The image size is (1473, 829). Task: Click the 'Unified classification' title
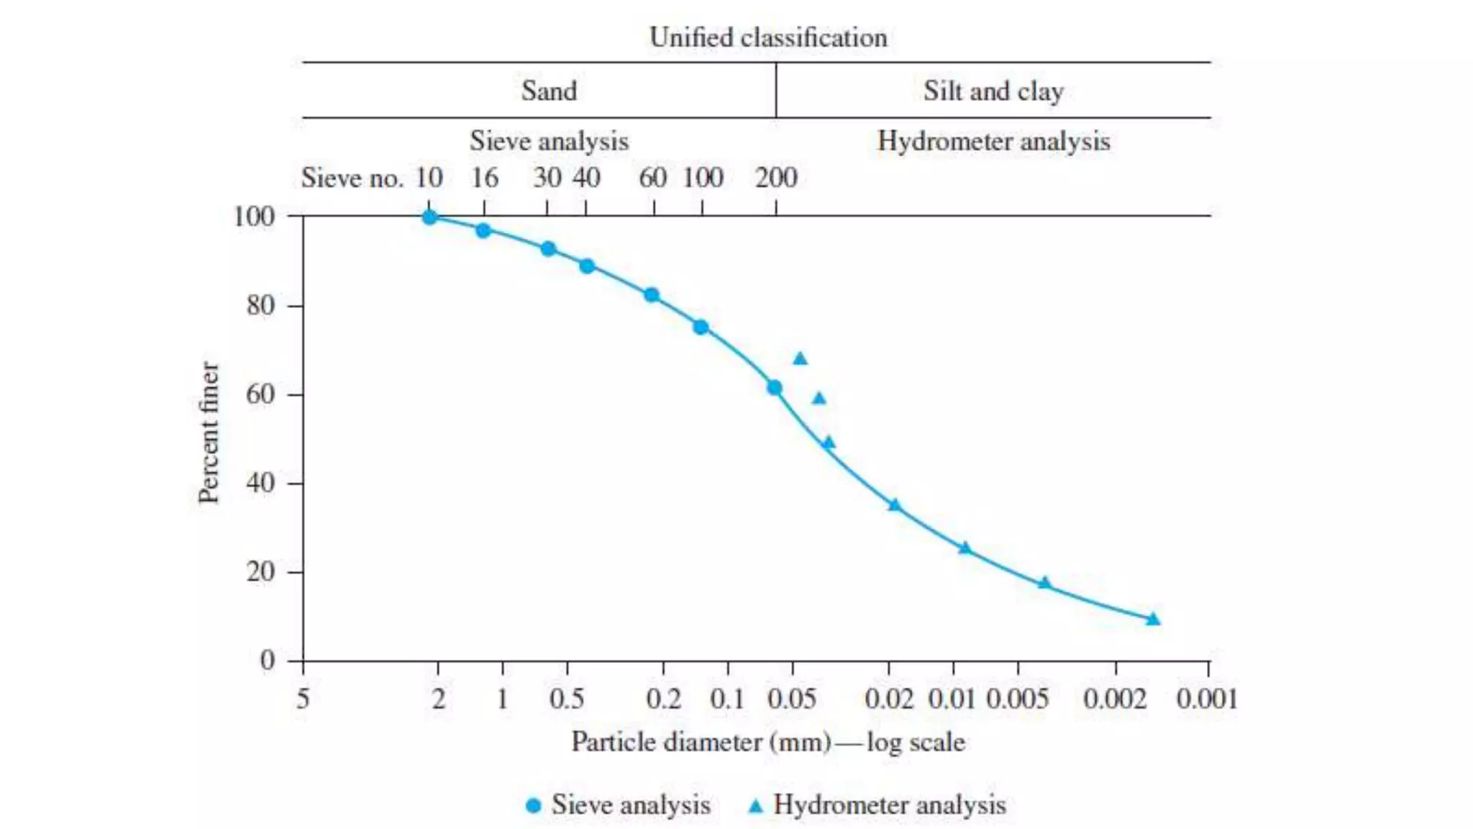(x=767, y=37)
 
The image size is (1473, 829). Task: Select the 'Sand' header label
(x=549, y=91)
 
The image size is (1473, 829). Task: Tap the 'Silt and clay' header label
(x=993, y=91)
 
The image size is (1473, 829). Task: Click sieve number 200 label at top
(x=776, y=178)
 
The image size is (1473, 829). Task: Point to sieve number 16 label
(x=484, y=178)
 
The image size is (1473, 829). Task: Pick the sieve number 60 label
(x=652, y=178)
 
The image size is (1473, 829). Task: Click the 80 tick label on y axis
(x=260, y=306)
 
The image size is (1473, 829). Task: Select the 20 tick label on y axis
(x=260, y=572)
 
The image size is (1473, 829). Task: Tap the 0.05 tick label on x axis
(x=791, y=699)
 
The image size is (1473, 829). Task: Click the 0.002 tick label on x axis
(x=1115, y=699)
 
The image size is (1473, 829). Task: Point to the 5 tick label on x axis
(x=303, y=699)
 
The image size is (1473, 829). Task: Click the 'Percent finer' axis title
(x=208, y=432)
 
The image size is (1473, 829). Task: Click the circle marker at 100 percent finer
(x=429, y=217)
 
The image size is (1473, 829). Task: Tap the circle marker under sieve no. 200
(x=774, y=388)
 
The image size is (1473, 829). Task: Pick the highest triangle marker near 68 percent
(x=800, y=358)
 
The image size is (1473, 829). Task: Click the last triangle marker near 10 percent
(x=1153, y=619)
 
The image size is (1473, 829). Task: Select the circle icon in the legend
(x=533, y=805)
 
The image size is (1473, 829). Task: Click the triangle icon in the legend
(x=755, y=805)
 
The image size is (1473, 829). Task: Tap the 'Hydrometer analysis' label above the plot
(x=993, y=141)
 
